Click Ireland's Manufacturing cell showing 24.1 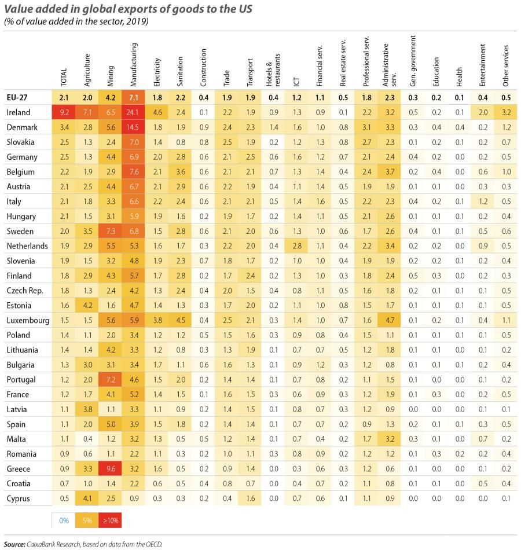click(134, 112)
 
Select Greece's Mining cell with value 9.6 click(110, 469)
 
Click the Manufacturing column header click(134, 64)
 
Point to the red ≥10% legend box click(110, 520)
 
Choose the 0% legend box click(63, 520)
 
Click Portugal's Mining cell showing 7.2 click(110, 380)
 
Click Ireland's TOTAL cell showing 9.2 click(63, 112)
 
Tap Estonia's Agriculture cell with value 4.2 click(87, 306)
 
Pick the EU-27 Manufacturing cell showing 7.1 click(134, 97)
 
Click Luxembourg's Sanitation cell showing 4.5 click(180, 320)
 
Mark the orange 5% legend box click(87, 520)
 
